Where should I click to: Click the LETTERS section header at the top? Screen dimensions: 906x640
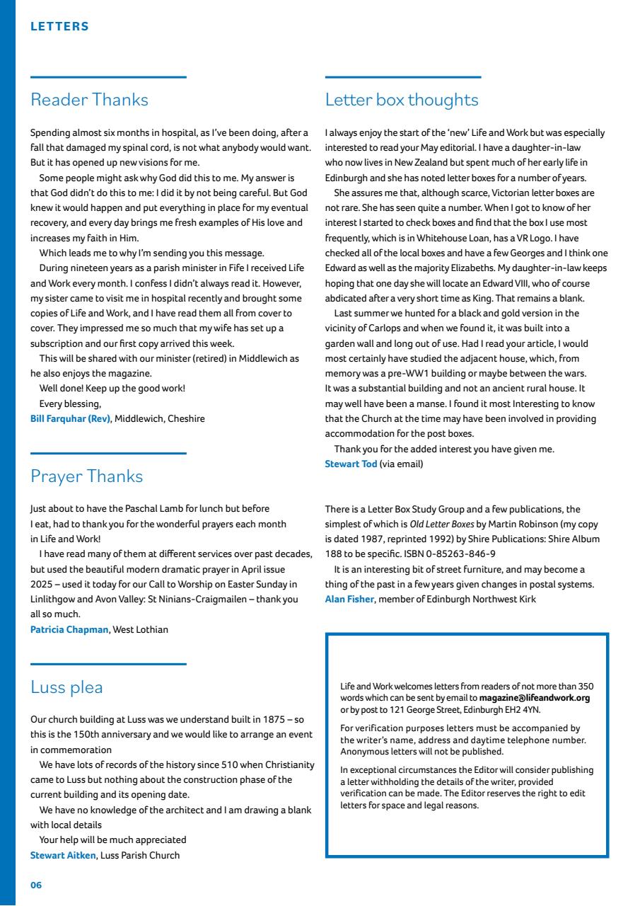click(x=59, y=27)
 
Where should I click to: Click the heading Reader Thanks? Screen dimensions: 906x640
click(x=89, y=100)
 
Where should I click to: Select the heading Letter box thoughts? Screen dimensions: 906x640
click(x=402, y=100)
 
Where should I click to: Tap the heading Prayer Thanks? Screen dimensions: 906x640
click(x=86, y=476)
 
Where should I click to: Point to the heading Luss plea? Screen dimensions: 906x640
click(x=66, y=687)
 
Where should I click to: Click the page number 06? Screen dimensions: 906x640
click(x=36, y=885)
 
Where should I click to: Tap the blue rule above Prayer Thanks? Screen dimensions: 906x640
click(x=108, y=453)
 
